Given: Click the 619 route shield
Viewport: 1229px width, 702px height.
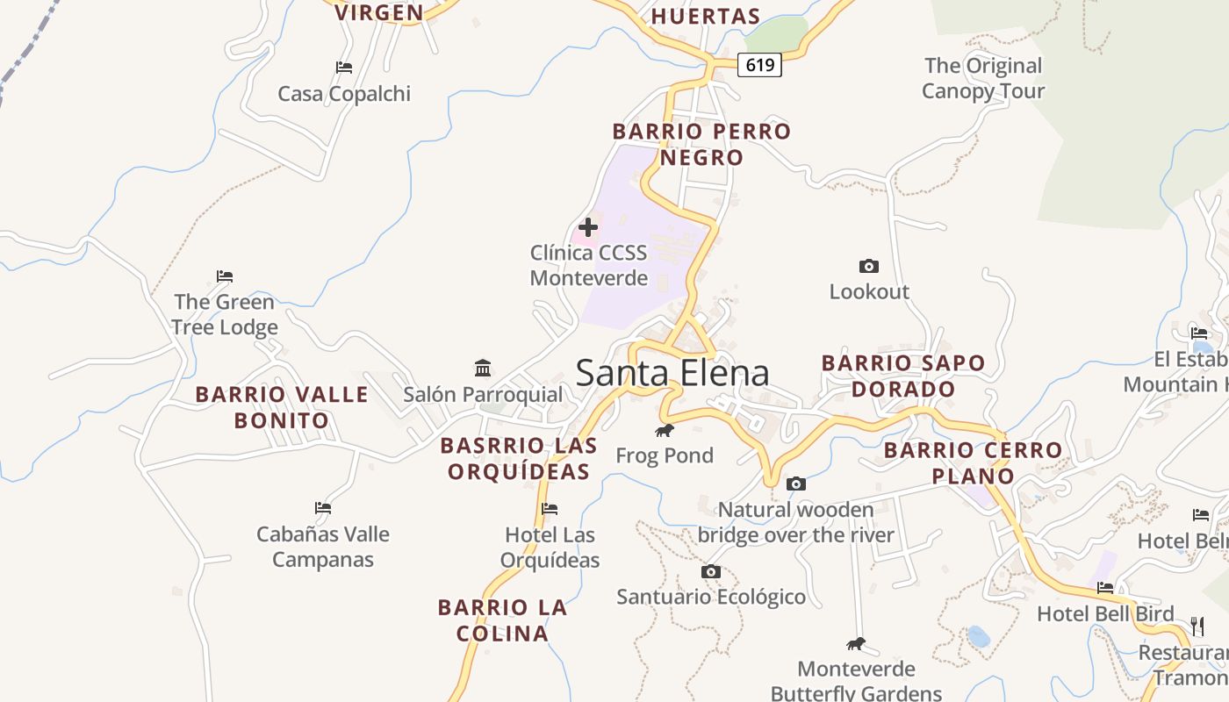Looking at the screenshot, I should [x=759, y=64].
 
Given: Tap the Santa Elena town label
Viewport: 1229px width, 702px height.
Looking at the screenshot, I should [x=672, y=373].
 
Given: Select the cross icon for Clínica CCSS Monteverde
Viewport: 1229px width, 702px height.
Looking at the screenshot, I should [x=588, y=228].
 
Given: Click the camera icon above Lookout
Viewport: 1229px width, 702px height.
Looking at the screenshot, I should [x=869, y=266].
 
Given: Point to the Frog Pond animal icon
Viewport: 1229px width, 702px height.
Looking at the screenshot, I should [x=665, y=430].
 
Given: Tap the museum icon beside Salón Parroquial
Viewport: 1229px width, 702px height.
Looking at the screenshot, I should [x=483, y=367].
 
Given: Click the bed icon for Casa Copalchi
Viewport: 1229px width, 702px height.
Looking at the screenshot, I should [x=344, y=68].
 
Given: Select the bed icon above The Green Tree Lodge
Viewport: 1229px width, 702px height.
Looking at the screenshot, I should [x=225, y=276].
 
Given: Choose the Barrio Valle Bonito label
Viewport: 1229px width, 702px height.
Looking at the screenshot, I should [x=282, y=407].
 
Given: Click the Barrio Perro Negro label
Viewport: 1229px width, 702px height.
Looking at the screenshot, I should [x=701, y=145].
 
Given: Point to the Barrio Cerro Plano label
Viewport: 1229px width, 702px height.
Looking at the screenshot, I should [x=973, y=463].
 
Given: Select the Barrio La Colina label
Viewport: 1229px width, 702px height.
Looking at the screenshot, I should [x=503, y=620].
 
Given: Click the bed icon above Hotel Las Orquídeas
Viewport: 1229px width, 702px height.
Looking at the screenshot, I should [x=550, y=509].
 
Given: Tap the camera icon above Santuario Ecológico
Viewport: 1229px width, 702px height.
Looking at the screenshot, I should [x=711, y=572].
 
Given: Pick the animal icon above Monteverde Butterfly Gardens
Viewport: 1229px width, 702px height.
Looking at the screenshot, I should [x=856, y=644].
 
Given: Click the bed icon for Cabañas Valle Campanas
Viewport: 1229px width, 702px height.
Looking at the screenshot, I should [x=323, y=508].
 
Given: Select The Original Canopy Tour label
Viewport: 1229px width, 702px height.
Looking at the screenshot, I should [x=983, y=78].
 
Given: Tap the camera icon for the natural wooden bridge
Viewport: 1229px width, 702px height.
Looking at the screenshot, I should [x=796, y=484].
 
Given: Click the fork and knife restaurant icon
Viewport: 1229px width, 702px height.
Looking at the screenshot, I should [x=1197, y=626].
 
